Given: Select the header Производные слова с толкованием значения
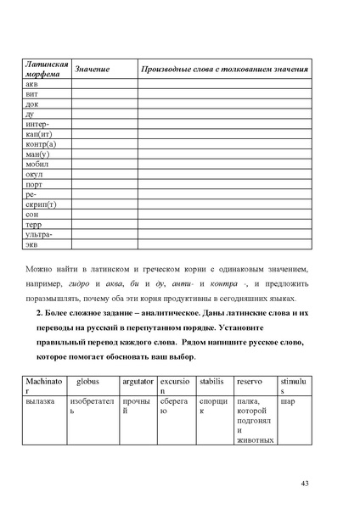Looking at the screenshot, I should pyautogui.click(x=224, y=69).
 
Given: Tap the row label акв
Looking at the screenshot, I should pyautogui.click(x=31, y=85).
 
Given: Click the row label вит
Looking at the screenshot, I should pyautogui.click(x=31, y=95).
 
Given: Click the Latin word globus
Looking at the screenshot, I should pyautogui.click(x=88, y=383).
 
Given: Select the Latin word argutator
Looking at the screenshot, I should pyautogui.click(x=137, y=383).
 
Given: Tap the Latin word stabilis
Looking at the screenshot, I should pyautogui.click(x=211, y=383).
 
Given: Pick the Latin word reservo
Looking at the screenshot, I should pyautogui.click(x=250, y=383).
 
